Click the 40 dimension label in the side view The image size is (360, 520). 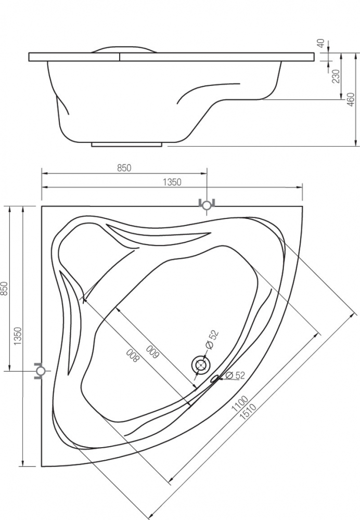pyautogui.click(x=320, y=44)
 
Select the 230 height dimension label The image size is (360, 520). pyautogui.click(x=336, y=76)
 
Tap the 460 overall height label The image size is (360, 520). pyautogui.click(x=351, y=99)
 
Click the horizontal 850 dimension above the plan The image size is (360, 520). pyautogui.click(x=124, y=168)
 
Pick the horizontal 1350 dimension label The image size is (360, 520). pyautogui.click(x=172, y=182)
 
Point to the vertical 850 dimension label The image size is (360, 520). pyautogui.click(x=4, y=289)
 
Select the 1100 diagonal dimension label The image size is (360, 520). pyautogui.click(x=239, y=404)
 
